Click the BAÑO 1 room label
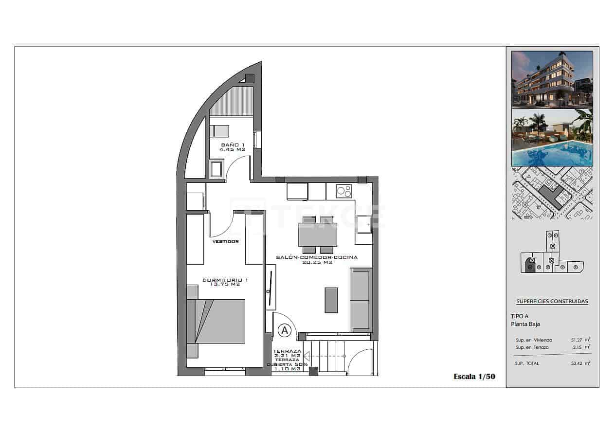pyautogui.click(x=233, y=147)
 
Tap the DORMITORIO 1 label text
pyautogui.click(x=225, y=282)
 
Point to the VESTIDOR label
pyautogui.click(x=225, y=241)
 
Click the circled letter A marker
pyautogui.click(x=285, y=330)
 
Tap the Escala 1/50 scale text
pyautogui.click(x=474, y=376)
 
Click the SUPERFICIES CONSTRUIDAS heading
pyautogui.click(x=552, y=301)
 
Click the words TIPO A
pyautogui.click(x=520, y=316)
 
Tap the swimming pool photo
pyautogui.click(x=552, y=138)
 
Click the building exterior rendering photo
pyautogui.click(x=552, y=79)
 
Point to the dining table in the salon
pyautogui.click(x=318, y=235)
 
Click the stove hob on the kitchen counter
pyautogui.click(x=344, y=191)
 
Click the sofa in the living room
pyautogui.click(x=361, y=300)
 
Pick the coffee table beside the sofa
pyautogui.click(x=331, y=300)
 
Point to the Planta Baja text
pyautogui.click(x=525, y=324)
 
